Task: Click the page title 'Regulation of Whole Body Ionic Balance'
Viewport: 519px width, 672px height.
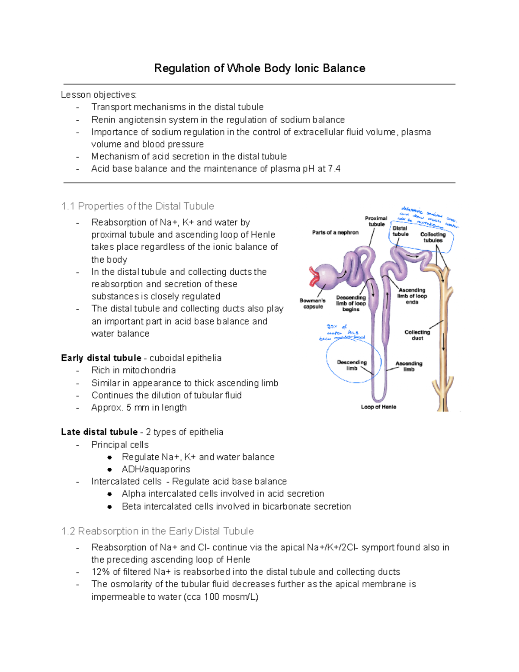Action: pos(259,68)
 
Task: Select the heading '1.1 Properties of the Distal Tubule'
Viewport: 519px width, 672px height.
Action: pos(138,206)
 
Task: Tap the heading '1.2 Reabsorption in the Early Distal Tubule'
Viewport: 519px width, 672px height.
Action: pos(157,531)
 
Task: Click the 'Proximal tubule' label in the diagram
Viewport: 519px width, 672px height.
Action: pos(376,221)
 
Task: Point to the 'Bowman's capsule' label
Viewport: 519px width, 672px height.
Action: pos(313,303)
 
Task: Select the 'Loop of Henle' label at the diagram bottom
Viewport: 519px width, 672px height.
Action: pos(378,407)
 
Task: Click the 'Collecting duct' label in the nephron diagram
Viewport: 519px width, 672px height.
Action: pos(417,335)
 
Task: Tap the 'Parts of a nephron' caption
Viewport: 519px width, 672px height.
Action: pos(335,232)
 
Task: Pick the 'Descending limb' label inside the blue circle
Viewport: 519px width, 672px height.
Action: pos(352,365)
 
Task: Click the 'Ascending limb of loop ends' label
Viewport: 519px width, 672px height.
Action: pos(412,296)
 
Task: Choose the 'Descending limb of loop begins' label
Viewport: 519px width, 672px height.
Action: pos(351,303)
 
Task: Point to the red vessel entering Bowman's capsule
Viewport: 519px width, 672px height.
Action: pos(313,277)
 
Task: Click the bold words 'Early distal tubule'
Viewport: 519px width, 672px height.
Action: pos(101,358)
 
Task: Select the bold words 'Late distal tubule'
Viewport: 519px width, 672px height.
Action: pos(99,432)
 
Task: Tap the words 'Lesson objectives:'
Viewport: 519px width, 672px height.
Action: pos(99,95)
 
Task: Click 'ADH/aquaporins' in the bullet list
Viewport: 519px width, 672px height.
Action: pos(156,469)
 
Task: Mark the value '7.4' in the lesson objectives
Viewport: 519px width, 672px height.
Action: pos(334,169)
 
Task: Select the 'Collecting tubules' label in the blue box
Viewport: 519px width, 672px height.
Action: pos(433,237)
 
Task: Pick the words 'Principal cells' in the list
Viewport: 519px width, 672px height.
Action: pos(120,445)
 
